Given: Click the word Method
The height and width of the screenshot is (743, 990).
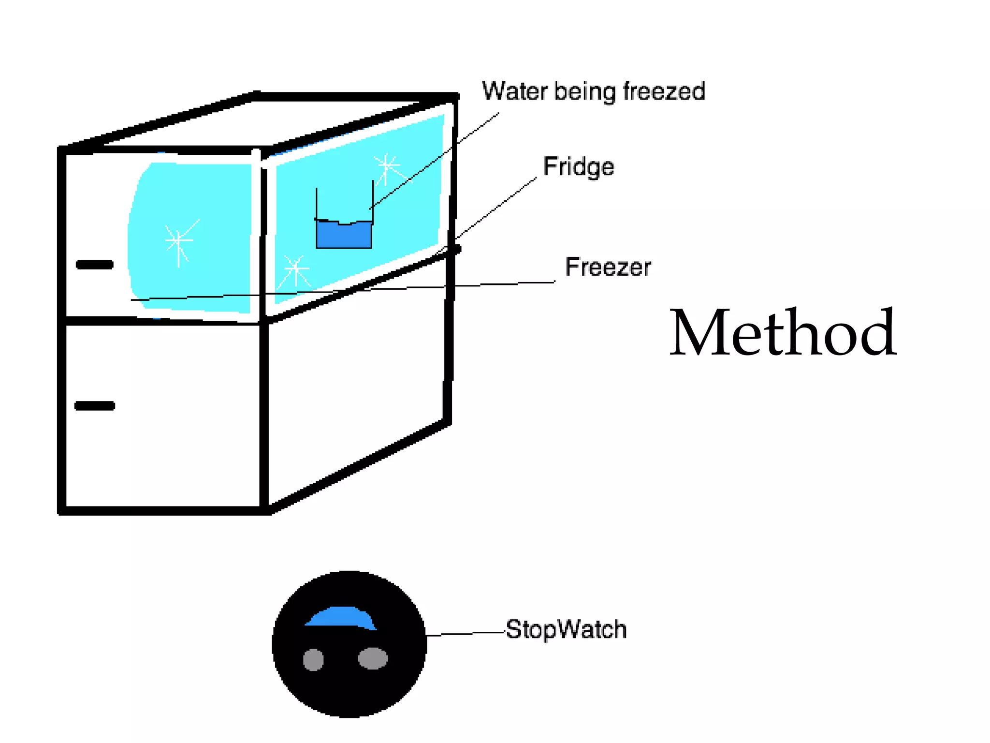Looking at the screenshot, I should click(x=783, y=333).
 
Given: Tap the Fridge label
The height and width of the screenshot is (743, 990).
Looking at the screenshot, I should click(x=578, y=167).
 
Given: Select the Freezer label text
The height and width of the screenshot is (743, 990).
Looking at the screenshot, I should click(x=608, y=267).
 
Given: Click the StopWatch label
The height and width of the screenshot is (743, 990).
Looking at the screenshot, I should click(x=566, y=630).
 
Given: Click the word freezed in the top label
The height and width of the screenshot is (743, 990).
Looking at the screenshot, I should click(x=664, y=91).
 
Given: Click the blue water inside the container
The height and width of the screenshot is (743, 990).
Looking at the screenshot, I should click(x=344, y=236).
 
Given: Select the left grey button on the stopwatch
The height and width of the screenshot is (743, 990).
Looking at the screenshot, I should click(x=313, y=659).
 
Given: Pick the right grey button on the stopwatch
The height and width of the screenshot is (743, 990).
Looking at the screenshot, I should click(x=373, y=658).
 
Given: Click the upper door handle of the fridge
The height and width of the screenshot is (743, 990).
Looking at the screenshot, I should click(x=95, y=265).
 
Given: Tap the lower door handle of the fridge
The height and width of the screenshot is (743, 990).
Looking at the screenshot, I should click(x=95, y=405).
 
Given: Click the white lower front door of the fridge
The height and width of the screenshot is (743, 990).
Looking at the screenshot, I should click(x=162, y=416).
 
